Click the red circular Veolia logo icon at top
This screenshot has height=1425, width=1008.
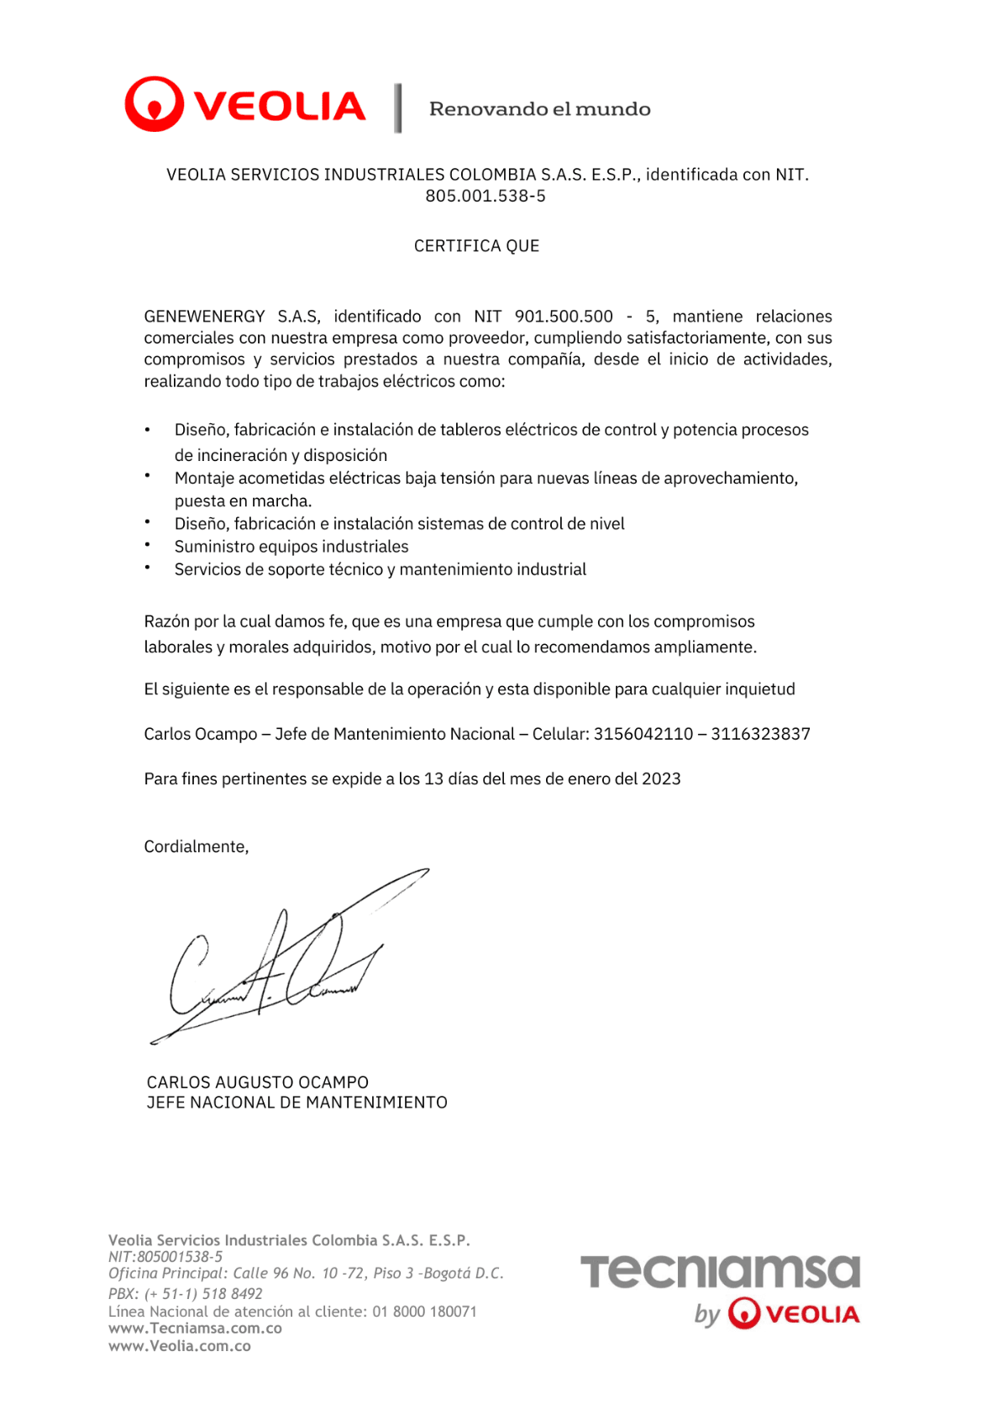[x=154, y=104]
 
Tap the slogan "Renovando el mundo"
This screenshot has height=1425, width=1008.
[x=539, y=109]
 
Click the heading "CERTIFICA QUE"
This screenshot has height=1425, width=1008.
[x=476, y=246]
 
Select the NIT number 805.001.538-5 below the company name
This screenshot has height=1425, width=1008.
[x=485, y=196]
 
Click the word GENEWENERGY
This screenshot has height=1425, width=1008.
[x=204, y=317]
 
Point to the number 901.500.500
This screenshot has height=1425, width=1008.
[x=564, y=317]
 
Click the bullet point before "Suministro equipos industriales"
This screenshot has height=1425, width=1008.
[x=147, y=545]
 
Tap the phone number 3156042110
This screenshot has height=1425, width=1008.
[x=643, y=734]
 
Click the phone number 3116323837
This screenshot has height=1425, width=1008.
[x=760, y=734]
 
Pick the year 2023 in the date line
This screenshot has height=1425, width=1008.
[x=661, y=779]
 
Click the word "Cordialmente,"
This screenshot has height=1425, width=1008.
[x=197, y=846]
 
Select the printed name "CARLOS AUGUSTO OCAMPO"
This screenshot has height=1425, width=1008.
[x=257, y=1082]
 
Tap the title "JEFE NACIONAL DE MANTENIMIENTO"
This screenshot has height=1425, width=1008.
[x=297, y=1103]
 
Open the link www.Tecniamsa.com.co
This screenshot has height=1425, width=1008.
[x=195, y=1328]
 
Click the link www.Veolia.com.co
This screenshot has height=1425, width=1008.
[x=180, y=1346]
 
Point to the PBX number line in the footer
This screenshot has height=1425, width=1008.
[x=186, y=1294]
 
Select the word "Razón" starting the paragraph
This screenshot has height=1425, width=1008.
[x=166, y=622]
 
